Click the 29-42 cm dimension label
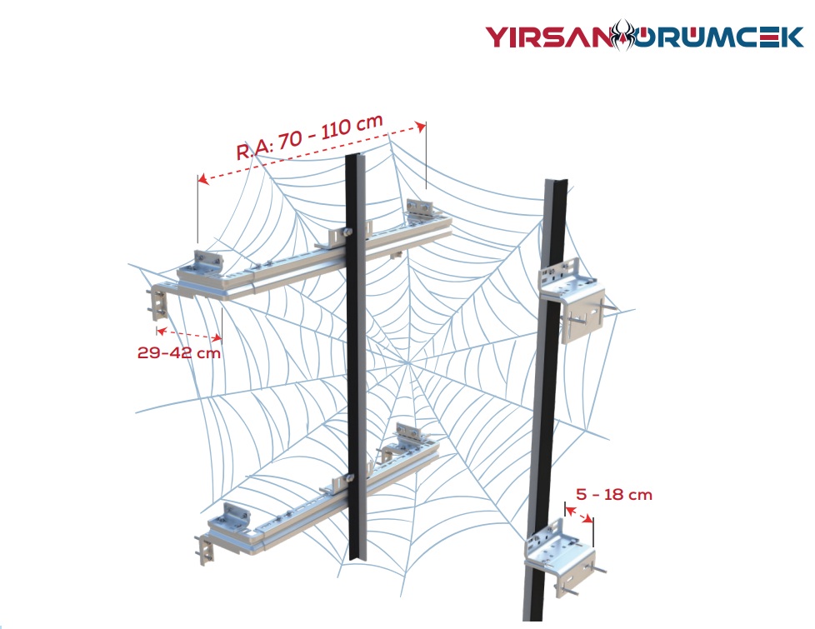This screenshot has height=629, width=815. [x=179, y=352]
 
